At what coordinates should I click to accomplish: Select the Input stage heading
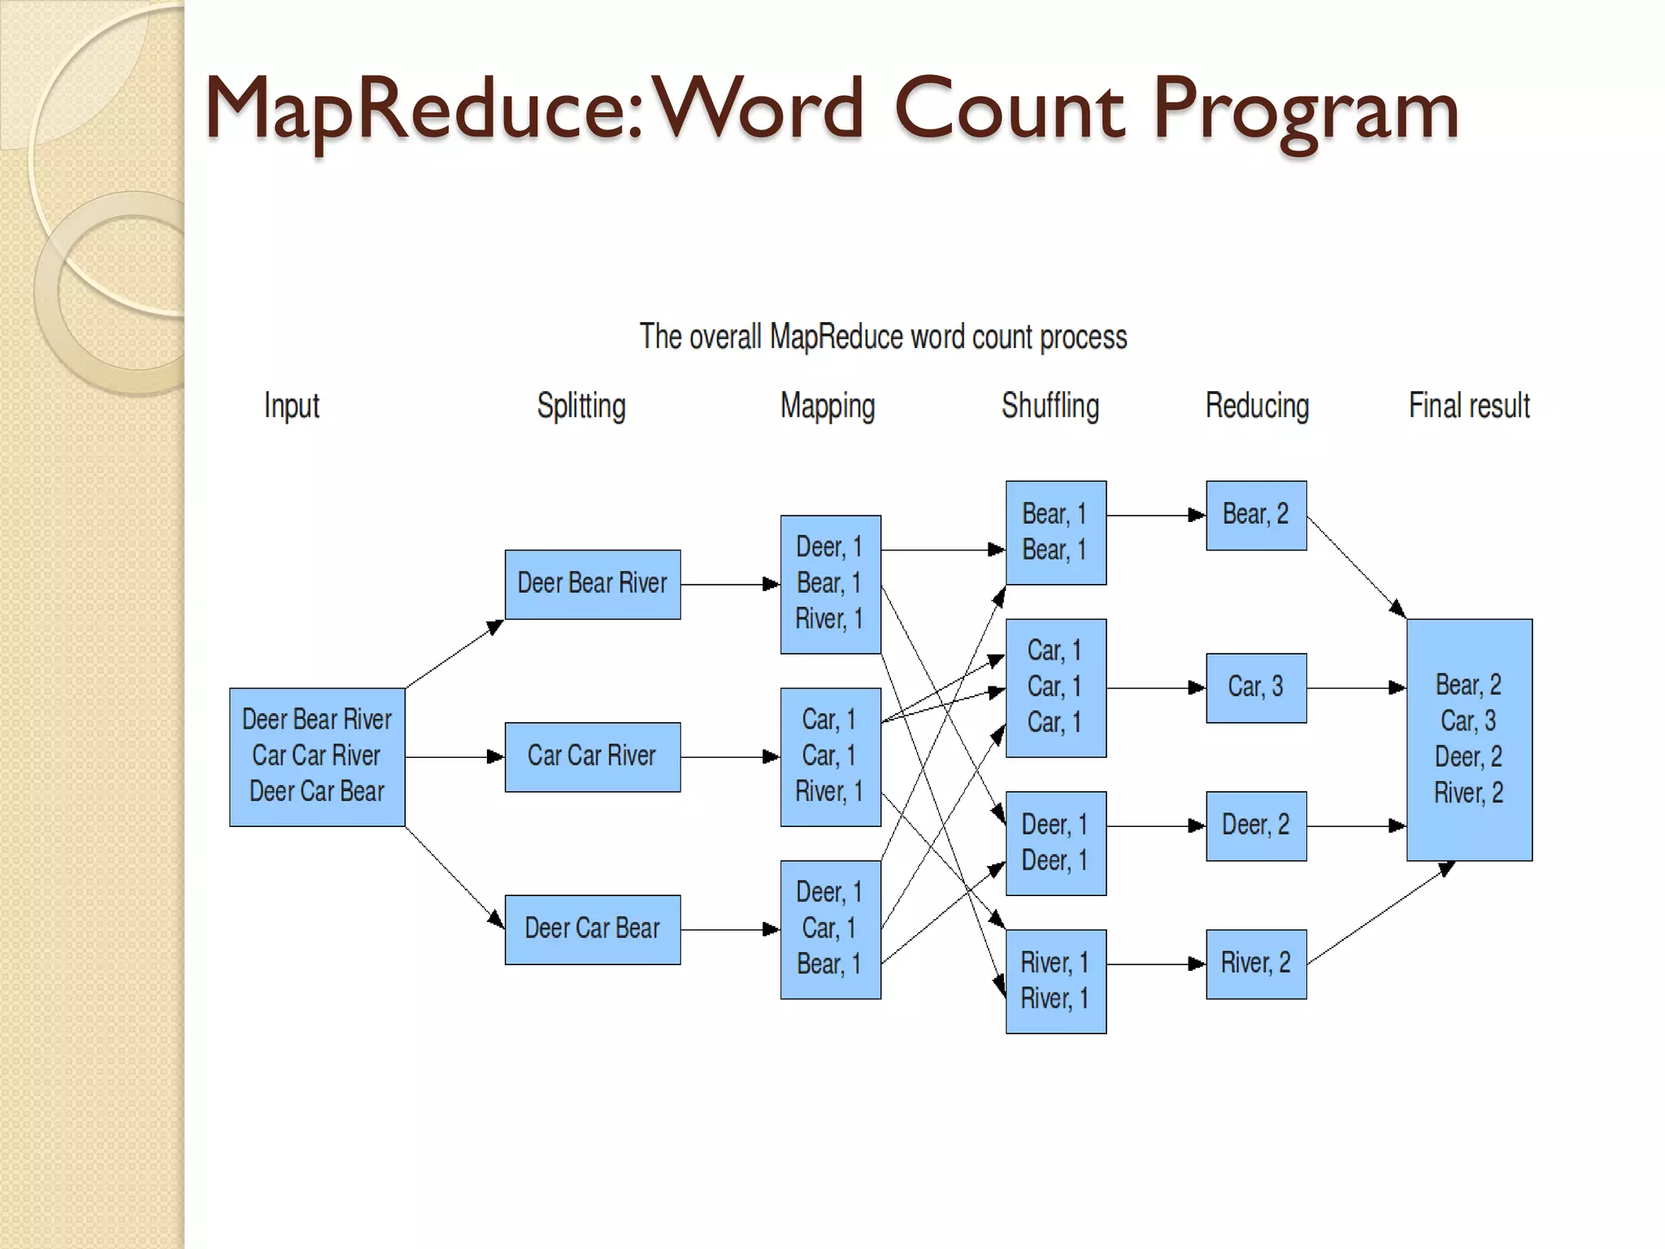click(291, 406)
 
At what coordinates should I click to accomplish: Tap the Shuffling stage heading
click(1050, 406)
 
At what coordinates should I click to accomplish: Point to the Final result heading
click(1468, 406)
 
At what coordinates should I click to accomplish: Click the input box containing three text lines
click(317, 756)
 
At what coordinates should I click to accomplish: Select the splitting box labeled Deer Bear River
click(592, 584)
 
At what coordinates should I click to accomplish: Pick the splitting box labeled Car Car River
click(592, 756)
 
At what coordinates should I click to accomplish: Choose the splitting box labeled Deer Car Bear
click(592, 929)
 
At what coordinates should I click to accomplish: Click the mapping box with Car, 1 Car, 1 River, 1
click(830, 756)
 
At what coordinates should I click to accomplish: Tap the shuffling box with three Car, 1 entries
click(1055, 687)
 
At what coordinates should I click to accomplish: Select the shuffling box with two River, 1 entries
click(1055, 981)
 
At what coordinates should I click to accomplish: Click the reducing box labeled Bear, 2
click(1255, 515)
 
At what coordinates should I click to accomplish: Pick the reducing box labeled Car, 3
click(1255, 687)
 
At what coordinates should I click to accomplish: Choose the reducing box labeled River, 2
click(1255, 964)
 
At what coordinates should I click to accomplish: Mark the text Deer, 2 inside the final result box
click(1468, 757)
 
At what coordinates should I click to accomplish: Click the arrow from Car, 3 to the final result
click(1355, 688)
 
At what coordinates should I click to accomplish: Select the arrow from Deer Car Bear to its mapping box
click(729, 929)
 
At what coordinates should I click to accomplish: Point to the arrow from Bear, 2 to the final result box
click(1355, 567)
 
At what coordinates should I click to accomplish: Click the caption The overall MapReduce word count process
click(883, 337)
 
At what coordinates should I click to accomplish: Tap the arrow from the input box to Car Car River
click(454, 757)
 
